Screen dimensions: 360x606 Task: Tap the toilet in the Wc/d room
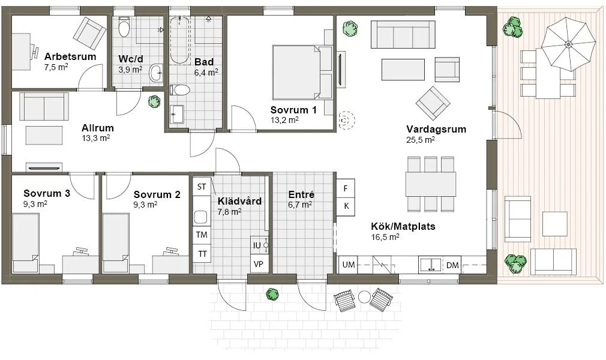tap(124, 28)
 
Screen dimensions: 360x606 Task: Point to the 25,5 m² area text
tap(420, 140)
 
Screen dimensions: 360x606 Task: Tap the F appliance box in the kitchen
tap(346, 188)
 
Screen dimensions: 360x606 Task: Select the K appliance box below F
tap(346, 206)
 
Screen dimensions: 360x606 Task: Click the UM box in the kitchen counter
tap(348, 265)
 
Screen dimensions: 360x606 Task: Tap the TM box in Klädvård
tap(202, 235)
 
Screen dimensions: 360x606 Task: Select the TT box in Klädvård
tap(202, 254)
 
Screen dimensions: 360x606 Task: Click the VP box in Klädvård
tap(259, 264)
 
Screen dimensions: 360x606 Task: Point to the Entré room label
tap(301, 195)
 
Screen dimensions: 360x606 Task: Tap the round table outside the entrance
tap(364, 296)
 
